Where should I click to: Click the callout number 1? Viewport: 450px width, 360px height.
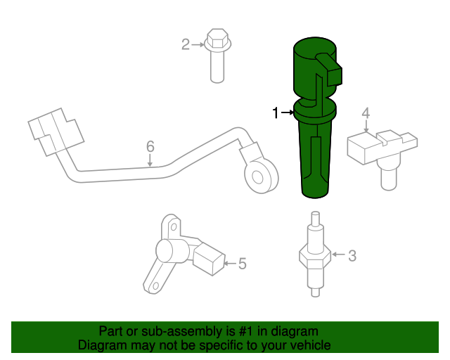[276, 112]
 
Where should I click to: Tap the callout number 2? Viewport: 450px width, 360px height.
[186, 45]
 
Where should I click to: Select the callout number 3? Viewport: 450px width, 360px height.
[352, 256]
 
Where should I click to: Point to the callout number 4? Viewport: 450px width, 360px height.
[366, 112]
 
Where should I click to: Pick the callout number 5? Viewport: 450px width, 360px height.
[242, 264]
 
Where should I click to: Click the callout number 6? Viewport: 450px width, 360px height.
[150, 146]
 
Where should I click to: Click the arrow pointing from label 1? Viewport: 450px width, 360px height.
[288, 112]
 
